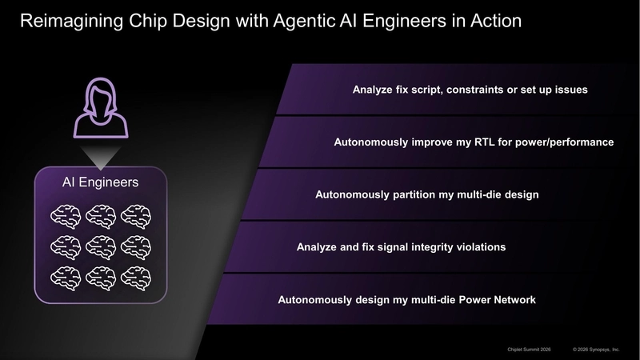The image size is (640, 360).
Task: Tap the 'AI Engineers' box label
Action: pyautogui.click(x=100, y=182)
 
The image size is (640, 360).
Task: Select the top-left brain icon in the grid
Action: pyautogui.click(x=66, y=214)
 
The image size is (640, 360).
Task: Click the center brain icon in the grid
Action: pyautogui.click(x=100, y=246)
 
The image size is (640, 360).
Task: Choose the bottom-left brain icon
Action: pyautogui.click(x=66, y=277)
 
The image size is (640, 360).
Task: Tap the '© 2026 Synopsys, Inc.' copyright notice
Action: pyautogui.click(x=596, y=350)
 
